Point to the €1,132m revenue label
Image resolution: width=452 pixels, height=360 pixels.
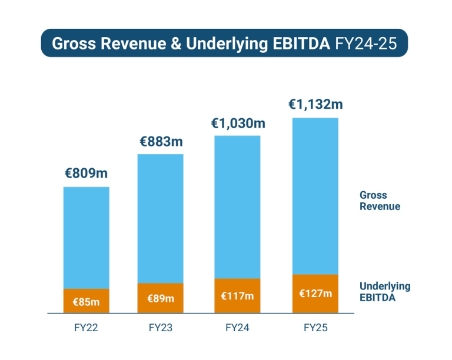coord(315,105)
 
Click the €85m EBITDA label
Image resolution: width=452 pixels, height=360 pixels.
coord(86,302)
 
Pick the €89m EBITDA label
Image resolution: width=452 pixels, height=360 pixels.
coord(161,299)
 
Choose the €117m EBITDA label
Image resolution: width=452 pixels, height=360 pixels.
coord(237,296)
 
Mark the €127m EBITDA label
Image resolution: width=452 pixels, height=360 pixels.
coord(315,294)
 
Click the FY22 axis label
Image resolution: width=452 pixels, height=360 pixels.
coord(86,328)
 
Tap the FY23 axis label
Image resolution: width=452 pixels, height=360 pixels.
coord(161,328)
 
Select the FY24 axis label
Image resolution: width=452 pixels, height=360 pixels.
coord(237,328)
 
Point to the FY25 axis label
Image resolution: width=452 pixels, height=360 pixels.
coord(315,328)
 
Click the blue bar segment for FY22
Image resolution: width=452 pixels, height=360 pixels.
coord(87,238)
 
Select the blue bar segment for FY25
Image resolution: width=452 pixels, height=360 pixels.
coord(315,196)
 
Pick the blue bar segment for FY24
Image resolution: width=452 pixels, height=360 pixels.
coord(238,206)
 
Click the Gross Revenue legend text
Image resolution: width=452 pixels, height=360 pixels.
coord(380,201)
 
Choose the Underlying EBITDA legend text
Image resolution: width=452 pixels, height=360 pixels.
coord(384,292)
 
